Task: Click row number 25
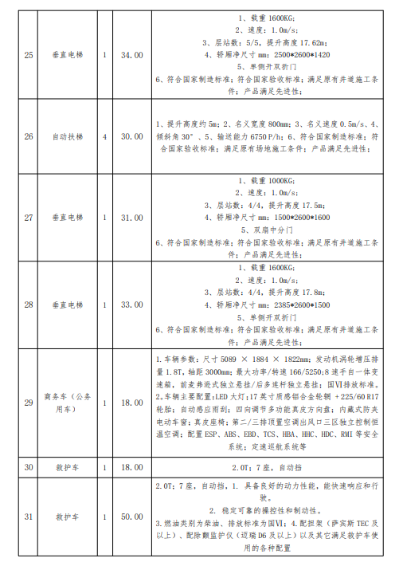click(29, 55)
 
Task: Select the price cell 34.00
click(131, 55)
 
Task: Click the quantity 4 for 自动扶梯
click(104, 136)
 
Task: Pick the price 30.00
click(131, 136)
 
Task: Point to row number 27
click(29, 217)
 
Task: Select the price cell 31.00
click(131, 217)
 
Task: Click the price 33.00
click(131, 304)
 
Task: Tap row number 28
click(29, 304)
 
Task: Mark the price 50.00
click(131, 517)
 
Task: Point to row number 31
click(29, 517)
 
